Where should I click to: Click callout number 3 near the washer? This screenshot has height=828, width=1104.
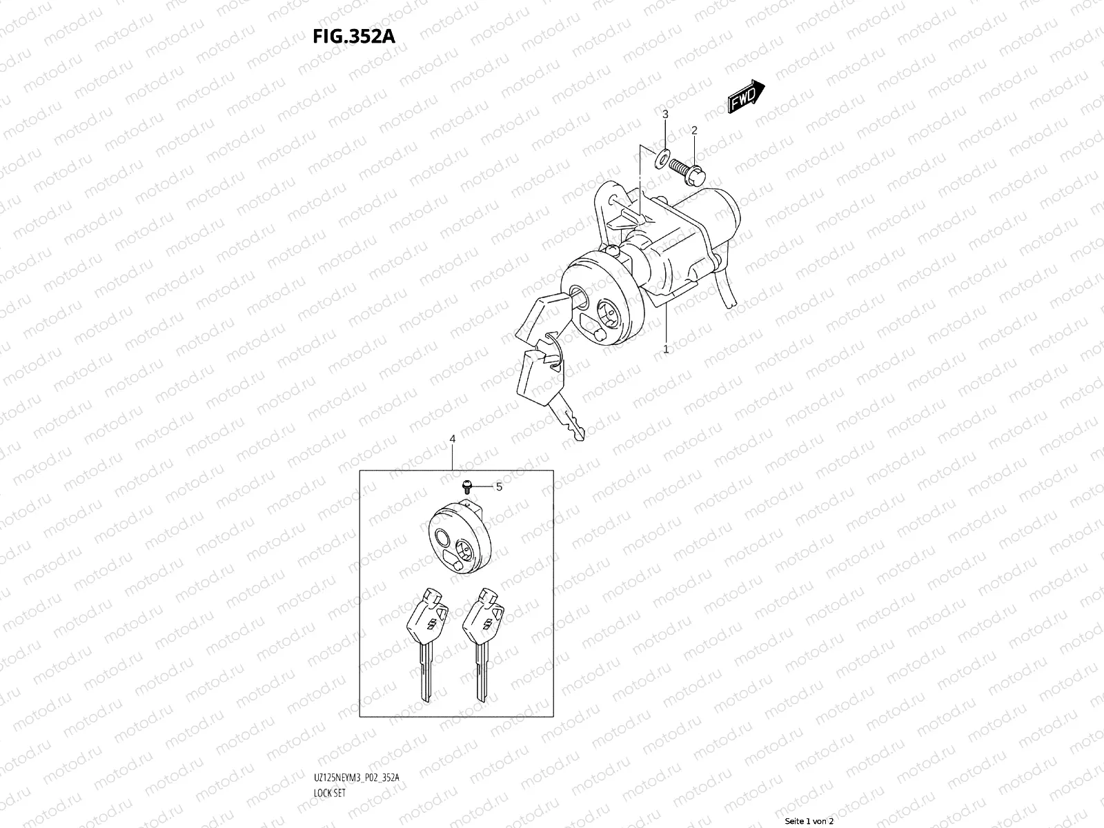[x=665, y=114]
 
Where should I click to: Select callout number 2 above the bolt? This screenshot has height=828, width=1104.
[x=694, y=130]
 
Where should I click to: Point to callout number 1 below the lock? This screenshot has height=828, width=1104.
[x=666, y=349]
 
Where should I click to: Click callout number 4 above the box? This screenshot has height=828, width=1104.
[x=453, y=439]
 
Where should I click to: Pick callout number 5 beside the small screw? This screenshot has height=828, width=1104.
[x=499, y=487]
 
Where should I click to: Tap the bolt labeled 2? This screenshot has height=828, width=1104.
[x=687, y=169]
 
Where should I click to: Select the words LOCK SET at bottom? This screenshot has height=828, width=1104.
[x=329, y=793]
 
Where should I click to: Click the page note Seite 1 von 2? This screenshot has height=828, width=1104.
[x=808, y=821]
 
